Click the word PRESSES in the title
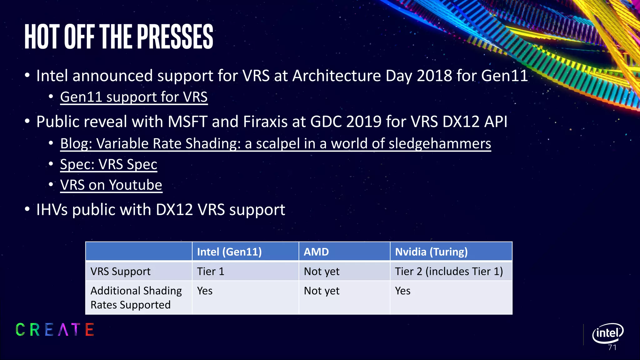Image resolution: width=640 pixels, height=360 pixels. (x=175, y=37)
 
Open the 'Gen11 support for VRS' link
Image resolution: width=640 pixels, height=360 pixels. (x=134, y=97)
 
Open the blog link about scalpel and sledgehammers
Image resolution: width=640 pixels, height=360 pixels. (x=275, y=144)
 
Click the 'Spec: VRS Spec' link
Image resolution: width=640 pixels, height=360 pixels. (x=108, y=164)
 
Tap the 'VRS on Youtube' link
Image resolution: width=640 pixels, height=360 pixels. (x=111, y=185)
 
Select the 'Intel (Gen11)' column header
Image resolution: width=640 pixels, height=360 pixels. (x=229, y=252)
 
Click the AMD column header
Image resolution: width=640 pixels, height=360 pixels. (x=316, y=252)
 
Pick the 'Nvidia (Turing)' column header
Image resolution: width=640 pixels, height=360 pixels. (x=431, y=252)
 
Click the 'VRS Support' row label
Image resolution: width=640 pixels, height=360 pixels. (x=120, y=271)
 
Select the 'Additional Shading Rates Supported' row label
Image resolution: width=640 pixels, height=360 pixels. (x=136, y=297)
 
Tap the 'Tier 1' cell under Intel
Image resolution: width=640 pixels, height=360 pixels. (x=211, y=271)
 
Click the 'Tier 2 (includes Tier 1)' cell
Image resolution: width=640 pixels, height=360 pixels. (x=449, y=271)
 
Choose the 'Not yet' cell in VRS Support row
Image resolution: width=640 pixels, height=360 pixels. (x=322, y=271)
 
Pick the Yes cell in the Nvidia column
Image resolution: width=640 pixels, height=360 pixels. (x=402, y=291)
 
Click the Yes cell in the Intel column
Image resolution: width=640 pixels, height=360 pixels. (x=205, y=291)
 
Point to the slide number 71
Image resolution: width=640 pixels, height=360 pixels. (x=612, y=347)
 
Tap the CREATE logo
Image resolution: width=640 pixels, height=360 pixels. (x=55, y=330)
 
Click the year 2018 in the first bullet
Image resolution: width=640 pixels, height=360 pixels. (x=434, y=76)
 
